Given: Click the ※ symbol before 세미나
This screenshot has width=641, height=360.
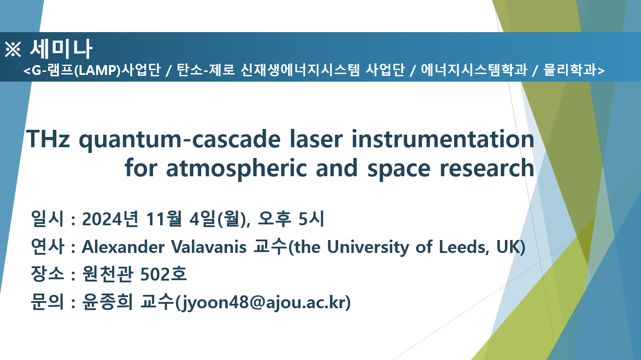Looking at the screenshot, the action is pos(13,49).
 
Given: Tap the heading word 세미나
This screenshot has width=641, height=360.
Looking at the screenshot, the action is pos(61,49).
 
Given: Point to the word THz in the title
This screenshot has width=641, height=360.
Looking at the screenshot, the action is pos(48,139).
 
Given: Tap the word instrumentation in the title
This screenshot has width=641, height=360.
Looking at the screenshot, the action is pos(443,139).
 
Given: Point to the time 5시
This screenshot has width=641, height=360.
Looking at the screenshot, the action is pos(311,219).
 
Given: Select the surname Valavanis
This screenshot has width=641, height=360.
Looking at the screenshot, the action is pos(209,247).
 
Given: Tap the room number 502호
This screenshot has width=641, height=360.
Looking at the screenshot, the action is pos(164,274).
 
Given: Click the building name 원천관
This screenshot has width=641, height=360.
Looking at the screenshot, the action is pos(108,274).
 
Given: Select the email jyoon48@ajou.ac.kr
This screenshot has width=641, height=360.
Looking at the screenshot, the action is pos(263,302).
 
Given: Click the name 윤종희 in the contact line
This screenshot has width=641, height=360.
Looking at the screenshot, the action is pos(108,302).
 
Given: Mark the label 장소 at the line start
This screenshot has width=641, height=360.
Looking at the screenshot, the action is pos(47,274).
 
